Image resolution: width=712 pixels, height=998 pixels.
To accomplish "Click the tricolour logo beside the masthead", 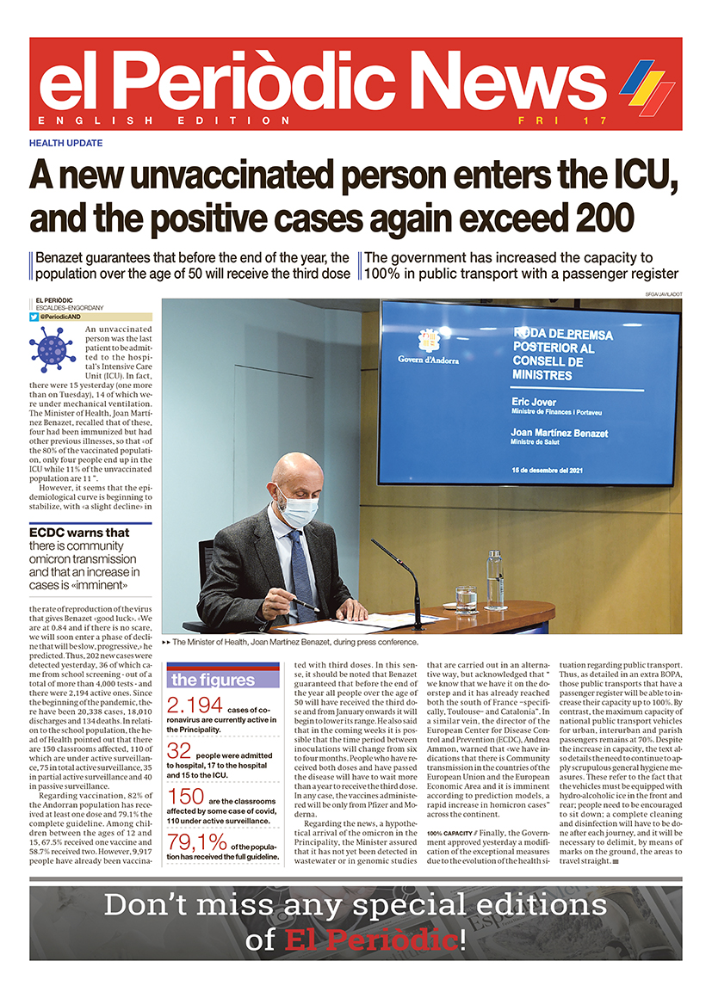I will [647, 84].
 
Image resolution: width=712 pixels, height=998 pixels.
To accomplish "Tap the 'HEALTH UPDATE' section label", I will [65, 143].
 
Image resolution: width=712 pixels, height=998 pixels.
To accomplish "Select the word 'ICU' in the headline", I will [632, 177].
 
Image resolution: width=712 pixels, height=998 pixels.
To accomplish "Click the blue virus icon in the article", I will [52, 348].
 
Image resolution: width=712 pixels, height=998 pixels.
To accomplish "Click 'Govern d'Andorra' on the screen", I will [428, 360].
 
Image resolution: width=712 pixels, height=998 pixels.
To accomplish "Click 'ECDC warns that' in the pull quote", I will [79, 533].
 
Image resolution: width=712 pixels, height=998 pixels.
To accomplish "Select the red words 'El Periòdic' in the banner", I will [371, 939].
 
